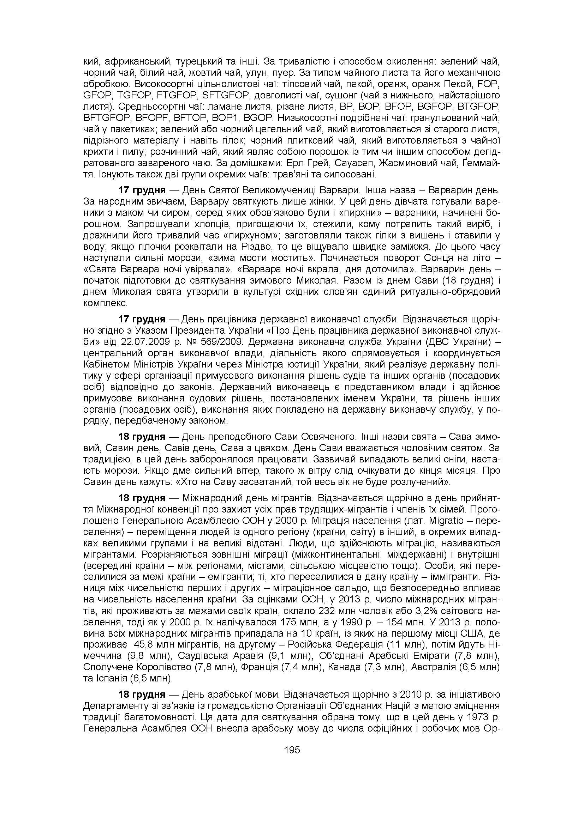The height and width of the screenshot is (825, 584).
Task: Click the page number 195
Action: click(x=292, y=750)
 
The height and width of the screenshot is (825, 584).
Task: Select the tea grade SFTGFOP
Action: click(x=226, y=96)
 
